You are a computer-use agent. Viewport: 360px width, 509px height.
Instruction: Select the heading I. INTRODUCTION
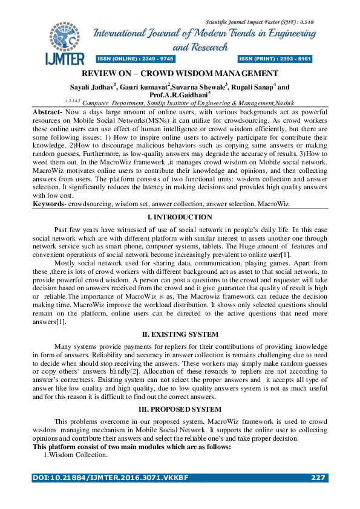[x=180, y=217]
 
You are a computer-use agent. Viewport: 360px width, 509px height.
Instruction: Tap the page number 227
[x=318, y=478]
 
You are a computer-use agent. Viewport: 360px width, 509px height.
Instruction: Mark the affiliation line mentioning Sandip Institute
[x=179, y=103]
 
